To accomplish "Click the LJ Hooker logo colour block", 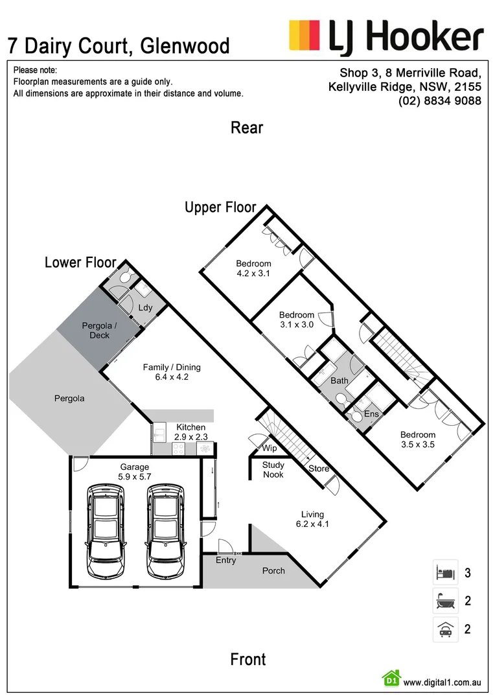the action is [x=305, y=34].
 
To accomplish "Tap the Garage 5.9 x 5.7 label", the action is [x=134, y=471].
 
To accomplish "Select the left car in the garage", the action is [x=105, y=530].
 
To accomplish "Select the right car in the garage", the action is [x=166, y=530].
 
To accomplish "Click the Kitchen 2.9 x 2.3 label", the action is [x=191, y=432].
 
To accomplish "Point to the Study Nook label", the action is [x=273, y=470].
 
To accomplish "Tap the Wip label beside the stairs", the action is [x=269, y=448].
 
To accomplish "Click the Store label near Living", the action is [x=319, y=469].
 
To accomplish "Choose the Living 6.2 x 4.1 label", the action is [x=312, y=519].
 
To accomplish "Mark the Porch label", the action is [x=273, y=570].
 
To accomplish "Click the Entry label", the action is [x=226, y=560].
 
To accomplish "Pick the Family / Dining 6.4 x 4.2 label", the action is [x=172, y=372].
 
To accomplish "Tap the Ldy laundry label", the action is [x=146, y=308].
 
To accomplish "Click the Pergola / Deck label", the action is [x=99, y=331].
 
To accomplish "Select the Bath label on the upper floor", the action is [x=340, y=381].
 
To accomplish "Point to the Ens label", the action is [x=371, y=414].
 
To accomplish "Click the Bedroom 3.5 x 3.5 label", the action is [x=418, y=439].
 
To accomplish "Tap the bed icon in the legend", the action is [x=446, y=572].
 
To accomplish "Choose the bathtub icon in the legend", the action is [x=446, y=601].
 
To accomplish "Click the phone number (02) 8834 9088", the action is [x=440, y=101].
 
